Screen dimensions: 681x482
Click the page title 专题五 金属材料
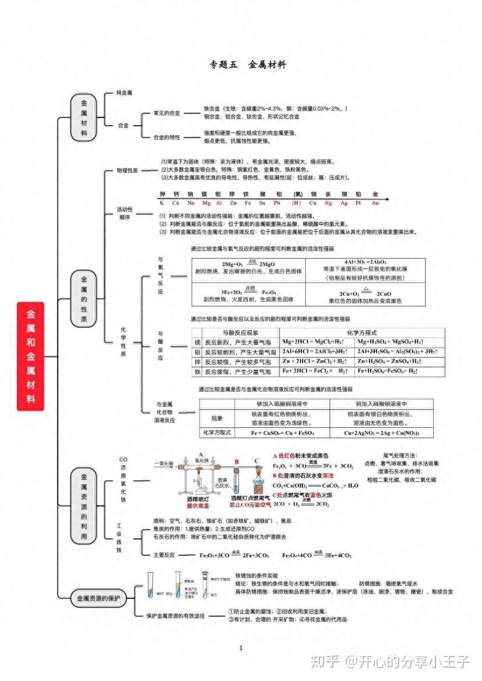pyautogui.click(x=247, y=65)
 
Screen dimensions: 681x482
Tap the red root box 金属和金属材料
pyautogui.click(x=30, y=356)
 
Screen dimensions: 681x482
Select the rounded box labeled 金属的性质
pyautogui.click(x=84, y=299)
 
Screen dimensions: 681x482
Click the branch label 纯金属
pyautogui.click(x=124, y=93)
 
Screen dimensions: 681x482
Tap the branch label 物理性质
pyautogui.click(x=127, y=171)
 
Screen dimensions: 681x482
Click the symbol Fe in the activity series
pyautogui.click(x=248, y=203)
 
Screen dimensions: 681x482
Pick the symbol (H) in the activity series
pyautogui.click(x=297, y=203)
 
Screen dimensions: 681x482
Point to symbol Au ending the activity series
pyautogui.click(x=375, y=203)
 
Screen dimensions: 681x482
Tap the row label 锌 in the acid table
pyautogui.click(x=197, y=361)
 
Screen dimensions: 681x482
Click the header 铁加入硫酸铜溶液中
pyautogui.click(x=273, y=403)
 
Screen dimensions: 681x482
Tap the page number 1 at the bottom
pyautogui.click(x=241, y=648)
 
